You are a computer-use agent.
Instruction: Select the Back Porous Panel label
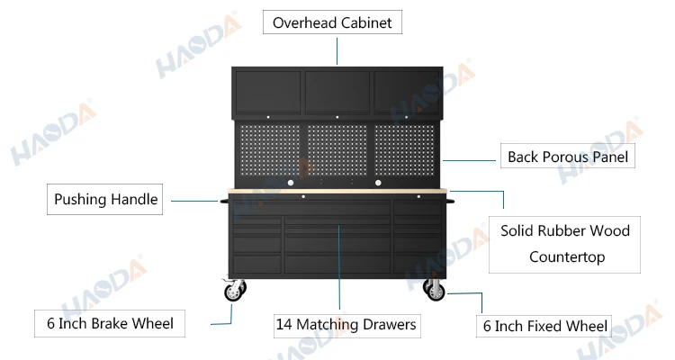(x=567, y=157)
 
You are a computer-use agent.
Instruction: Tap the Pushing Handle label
(x=106, y=200)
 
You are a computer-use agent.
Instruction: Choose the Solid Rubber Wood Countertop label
(x=564, y=243)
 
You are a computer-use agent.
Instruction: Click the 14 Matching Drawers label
(x=346, y=324)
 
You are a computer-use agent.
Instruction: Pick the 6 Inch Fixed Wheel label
(x=545, y=326)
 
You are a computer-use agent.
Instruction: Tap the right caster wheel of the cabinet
(x=436, y=290)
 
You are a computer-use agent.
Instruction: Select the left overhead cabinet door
(x=266, y=91)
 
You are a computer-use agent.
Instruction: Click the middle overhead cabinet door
(x=337, y=91)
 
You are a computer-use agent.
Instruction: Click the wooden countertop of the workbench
(x=337, y=193)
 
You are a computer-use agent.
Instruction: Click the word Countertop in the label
(x=566, y=256)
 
